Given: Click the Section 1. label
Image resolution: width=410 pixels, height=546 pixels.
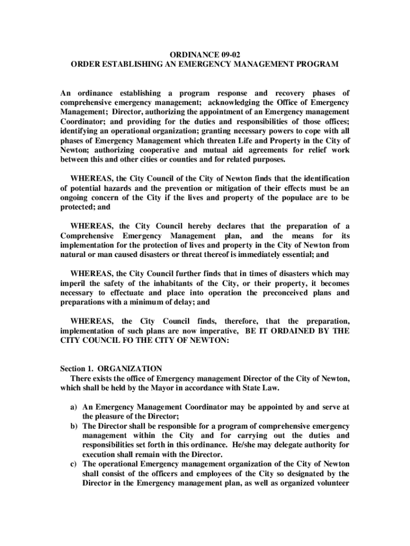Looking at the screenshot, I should click(77, 368).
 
